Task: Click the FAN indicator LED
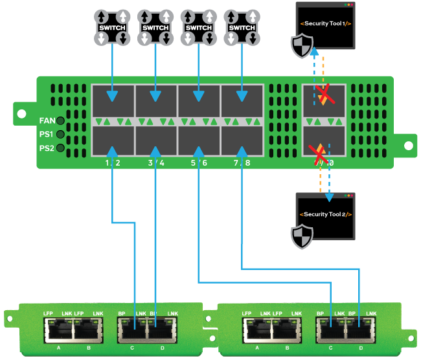click(60, 120)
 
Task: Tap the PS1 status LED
click(60, 135)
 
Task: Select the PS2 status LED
click(60, 148)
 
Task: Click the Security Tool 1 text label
click(324, 24)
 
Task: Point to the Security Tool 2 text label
click(324, 214)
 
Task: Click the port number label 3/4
click(156, 163)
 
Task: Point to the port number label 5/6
click(199, 163)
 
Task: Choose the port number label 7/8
click(242, 163)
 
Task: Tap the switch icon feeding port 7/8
click(242, 28)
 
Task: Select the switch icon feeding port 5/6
click(198, 28)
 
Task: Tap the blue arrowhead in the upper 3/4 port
click(156, 96)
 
